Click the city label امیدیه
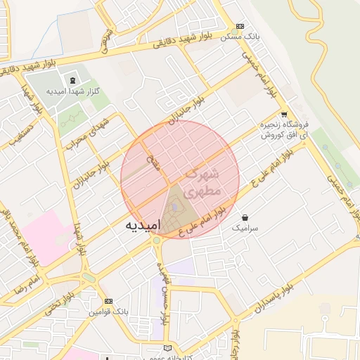pos(142,225)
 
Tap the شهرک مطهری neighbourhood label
pos(203,182)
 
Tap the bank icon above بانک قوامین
pos(108,301)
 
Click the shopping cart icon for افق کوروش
pos(283,115)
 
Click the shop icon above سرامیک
pos(244,217)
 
